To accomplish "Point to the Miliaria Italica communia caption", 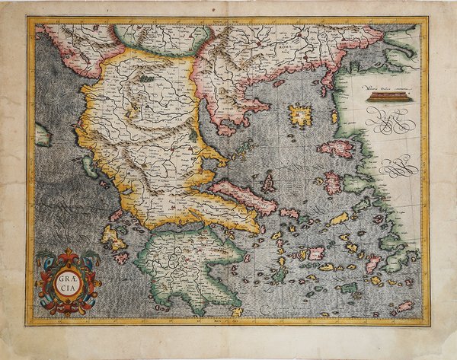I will click(x=385, y=90).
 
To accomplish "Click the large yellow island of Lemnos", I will click(x=301, y=116).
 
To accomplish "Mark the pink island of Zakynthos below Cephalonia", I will click(x=122, y=258).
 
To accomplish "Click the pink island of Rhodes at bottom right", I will click(x=404, y=307).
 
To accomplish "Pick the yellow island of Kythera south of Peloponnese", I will click(x=237, y=311).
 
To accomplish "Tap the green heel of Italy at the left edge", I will click(x=42, y=135).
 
